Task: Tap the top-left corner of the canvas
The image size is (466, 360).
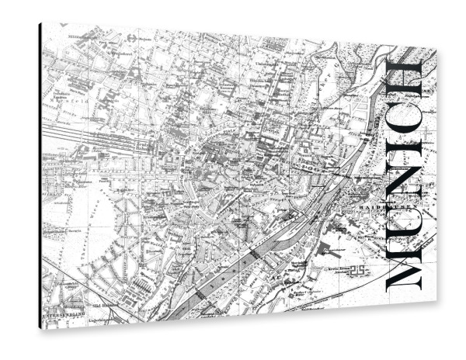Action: [x=40, y=24]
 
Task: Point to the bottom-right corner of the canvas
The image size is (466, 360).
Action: [x=436, y=296]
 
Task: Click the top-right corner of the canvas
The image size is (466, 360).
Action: [x=436, y=54]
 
